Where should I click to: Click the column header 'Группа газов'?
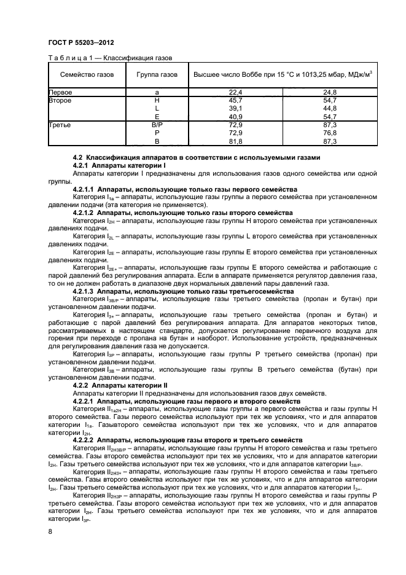point(157,74)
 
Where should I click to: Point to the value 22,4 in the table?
point(236,92)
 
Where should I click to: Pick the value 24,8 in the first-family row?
point(330,92)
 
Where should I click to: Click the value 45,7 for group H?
point(236,100)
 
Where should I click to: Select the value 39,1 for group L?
point(236,108)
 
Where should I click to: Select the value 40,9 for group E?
point(236,116)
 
